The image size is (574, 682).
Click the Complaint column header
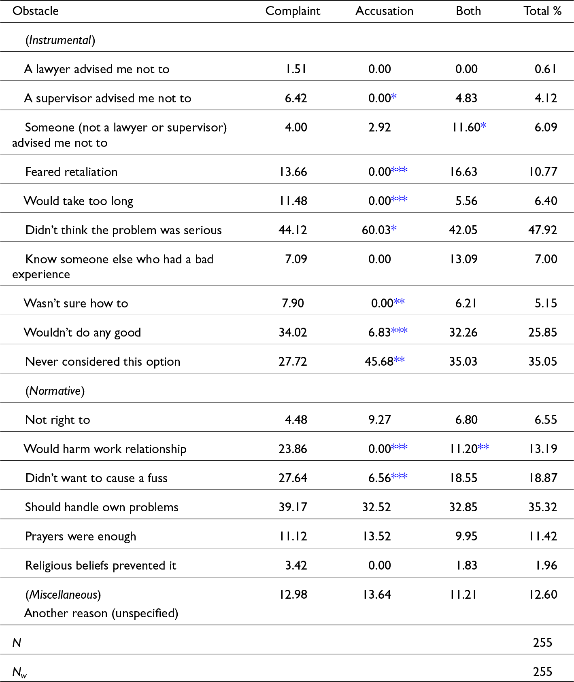pyautogui.click(x=293, y=11)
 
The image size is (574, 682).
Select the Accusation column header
pyautogui.click(x=384, y=11)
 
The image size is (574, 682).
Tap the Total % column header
pyautogui.click(x=542, y=11)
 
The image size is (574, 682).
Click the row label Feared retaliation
pyautogui.click(x=71, y=172)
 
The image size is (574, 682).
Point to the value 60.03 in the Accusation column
pyautogui.click(x=376, y=230)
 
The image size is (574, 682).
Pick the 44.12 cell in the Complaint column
pyautogui.click(x=293, y=230)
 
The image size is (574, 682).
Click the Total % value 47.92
pyautogui.click(x=542, y=230)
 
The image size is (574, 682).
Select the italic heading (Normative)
pyautogui.click(x=55, y=391)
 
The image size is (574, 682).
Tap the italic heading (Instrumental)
pyautogui.click(x=60, y=40)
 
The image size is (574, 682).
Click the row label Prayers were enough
pyautogui.click(x=81, y=536)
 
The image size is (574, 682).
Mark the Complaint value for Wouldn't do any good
pyautogui.click(x=293, y=333)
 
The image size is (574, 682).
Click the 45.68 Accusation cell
pyautogui.click(x=379, y=362)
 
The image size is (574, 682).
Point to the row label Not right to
pyautogui.click(x=57, y=420)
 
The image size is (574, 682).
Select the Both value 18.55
pyautogui.click(x=463, y=478)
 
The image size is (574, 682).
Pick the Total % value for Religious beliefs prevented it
pyautogui.click(x=546, y=566)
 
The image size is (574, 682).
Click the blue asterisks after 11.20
pyautogui.click(x=483, y=447)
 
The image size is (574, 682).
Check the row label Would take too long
pyautogui.click(x=79, y=201)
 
